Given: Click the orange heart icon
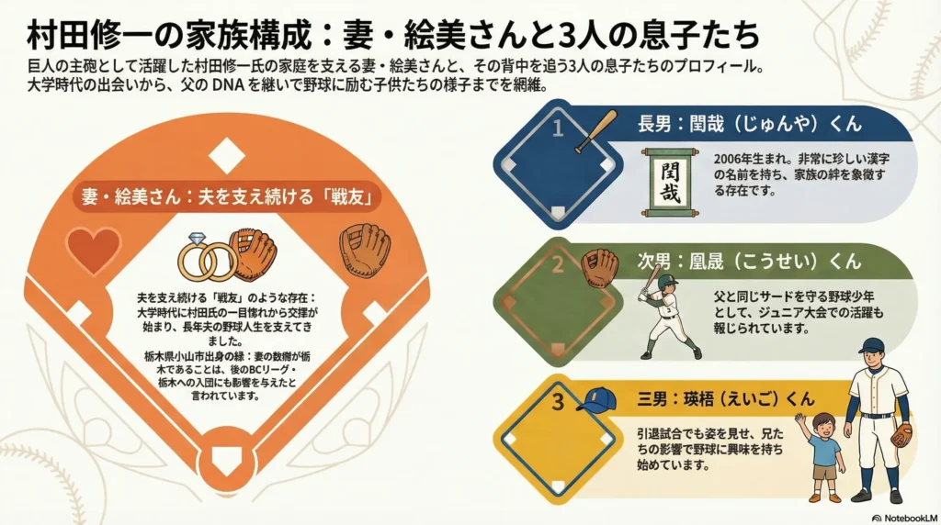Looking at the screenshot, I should pyautogui.click(x=94, y=250).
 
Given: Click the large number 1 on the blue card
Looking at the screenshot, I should pyautogui.click(x=557, y=130).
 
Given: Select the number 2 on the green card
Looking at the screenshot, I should pyautogui.click(x=557, y=266).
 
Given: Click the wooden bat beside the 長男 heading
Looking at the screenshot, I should pyautogui.click(x=596, y=131).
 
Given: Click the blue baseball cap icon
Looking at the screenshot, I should pyautogui.click(x=596, y=399).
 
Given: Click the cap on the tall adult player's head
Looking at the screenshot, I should pyautogui.click(x=870, y=347).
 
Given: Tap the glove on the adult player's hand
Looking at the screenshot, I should pyautogui.click(x=901, y=433).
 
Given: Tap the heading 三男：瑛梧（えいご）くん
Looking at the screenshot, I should pyautogui.click(x=726, y=399).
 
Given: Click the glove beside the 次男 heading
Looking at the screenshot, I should pyautogui.click(x=602, y=267).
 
